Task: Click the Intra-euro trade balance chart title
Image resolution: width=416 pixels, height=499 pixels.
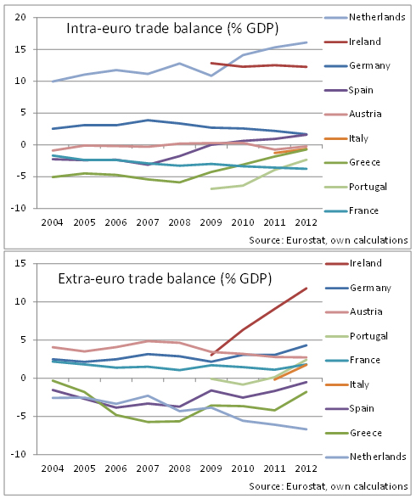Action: [x=172, y=29]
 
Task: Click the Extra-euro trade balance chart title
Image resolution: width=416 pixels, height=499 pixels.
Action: [x=165, y=278]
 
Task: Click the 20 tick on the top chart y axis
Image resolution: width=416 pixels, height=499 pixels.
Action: [x=20, y=17]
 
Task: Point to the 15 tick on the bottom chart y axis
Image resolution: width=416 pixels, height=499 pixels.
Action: [x=20, y=263]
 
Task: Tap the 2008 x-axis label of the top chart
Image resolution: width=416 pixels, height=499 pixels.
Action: [x=179, y=222]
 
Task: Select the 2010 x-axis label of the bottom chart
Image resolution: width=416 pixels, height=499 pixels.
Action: [x=243, y=468]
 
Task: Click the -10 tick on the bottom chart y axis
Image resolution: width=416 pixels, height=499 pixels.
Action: [x=18, y=454]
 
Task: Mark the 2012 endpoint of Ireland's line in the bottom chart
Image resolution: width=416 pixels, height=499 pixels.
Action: [x=306, y=289]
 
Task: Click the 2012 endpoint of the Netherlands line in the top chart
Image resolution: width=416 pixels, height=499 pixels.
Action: [x=306, y=42]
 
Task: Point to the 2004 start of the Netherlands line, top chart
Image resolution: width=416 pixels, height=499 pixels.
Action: [x=53, y=81]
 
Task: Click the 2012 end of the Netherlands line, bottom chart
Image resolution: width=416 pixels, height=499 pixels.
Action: [x=306, y=429]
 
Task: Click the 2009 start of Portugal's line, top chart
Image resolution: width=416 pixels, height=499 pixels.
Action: [x=211, y=189]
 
